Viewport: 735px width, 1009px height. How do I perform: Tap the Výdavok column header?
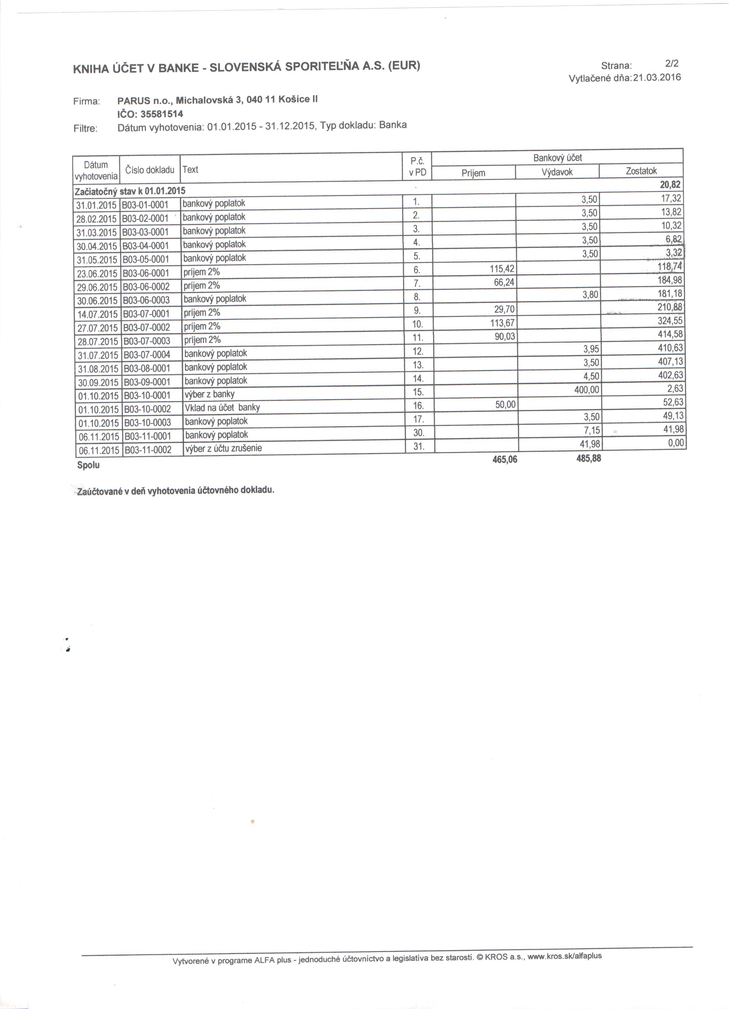(x=557, y=172)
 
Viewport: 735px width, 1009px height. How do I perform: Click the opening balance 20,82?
(x=670, y=185)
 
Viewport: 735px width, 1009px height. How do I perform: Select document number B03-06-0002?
(x=146, y=287)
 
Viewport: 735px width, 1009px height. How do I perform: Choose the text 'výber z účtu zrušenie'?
(x=223, y=448)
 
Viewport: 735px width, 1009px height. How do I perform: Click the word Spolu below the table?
(x=88, y=465)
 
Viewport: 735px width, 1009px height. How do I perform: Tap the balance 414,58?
(x=670, y=334)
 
